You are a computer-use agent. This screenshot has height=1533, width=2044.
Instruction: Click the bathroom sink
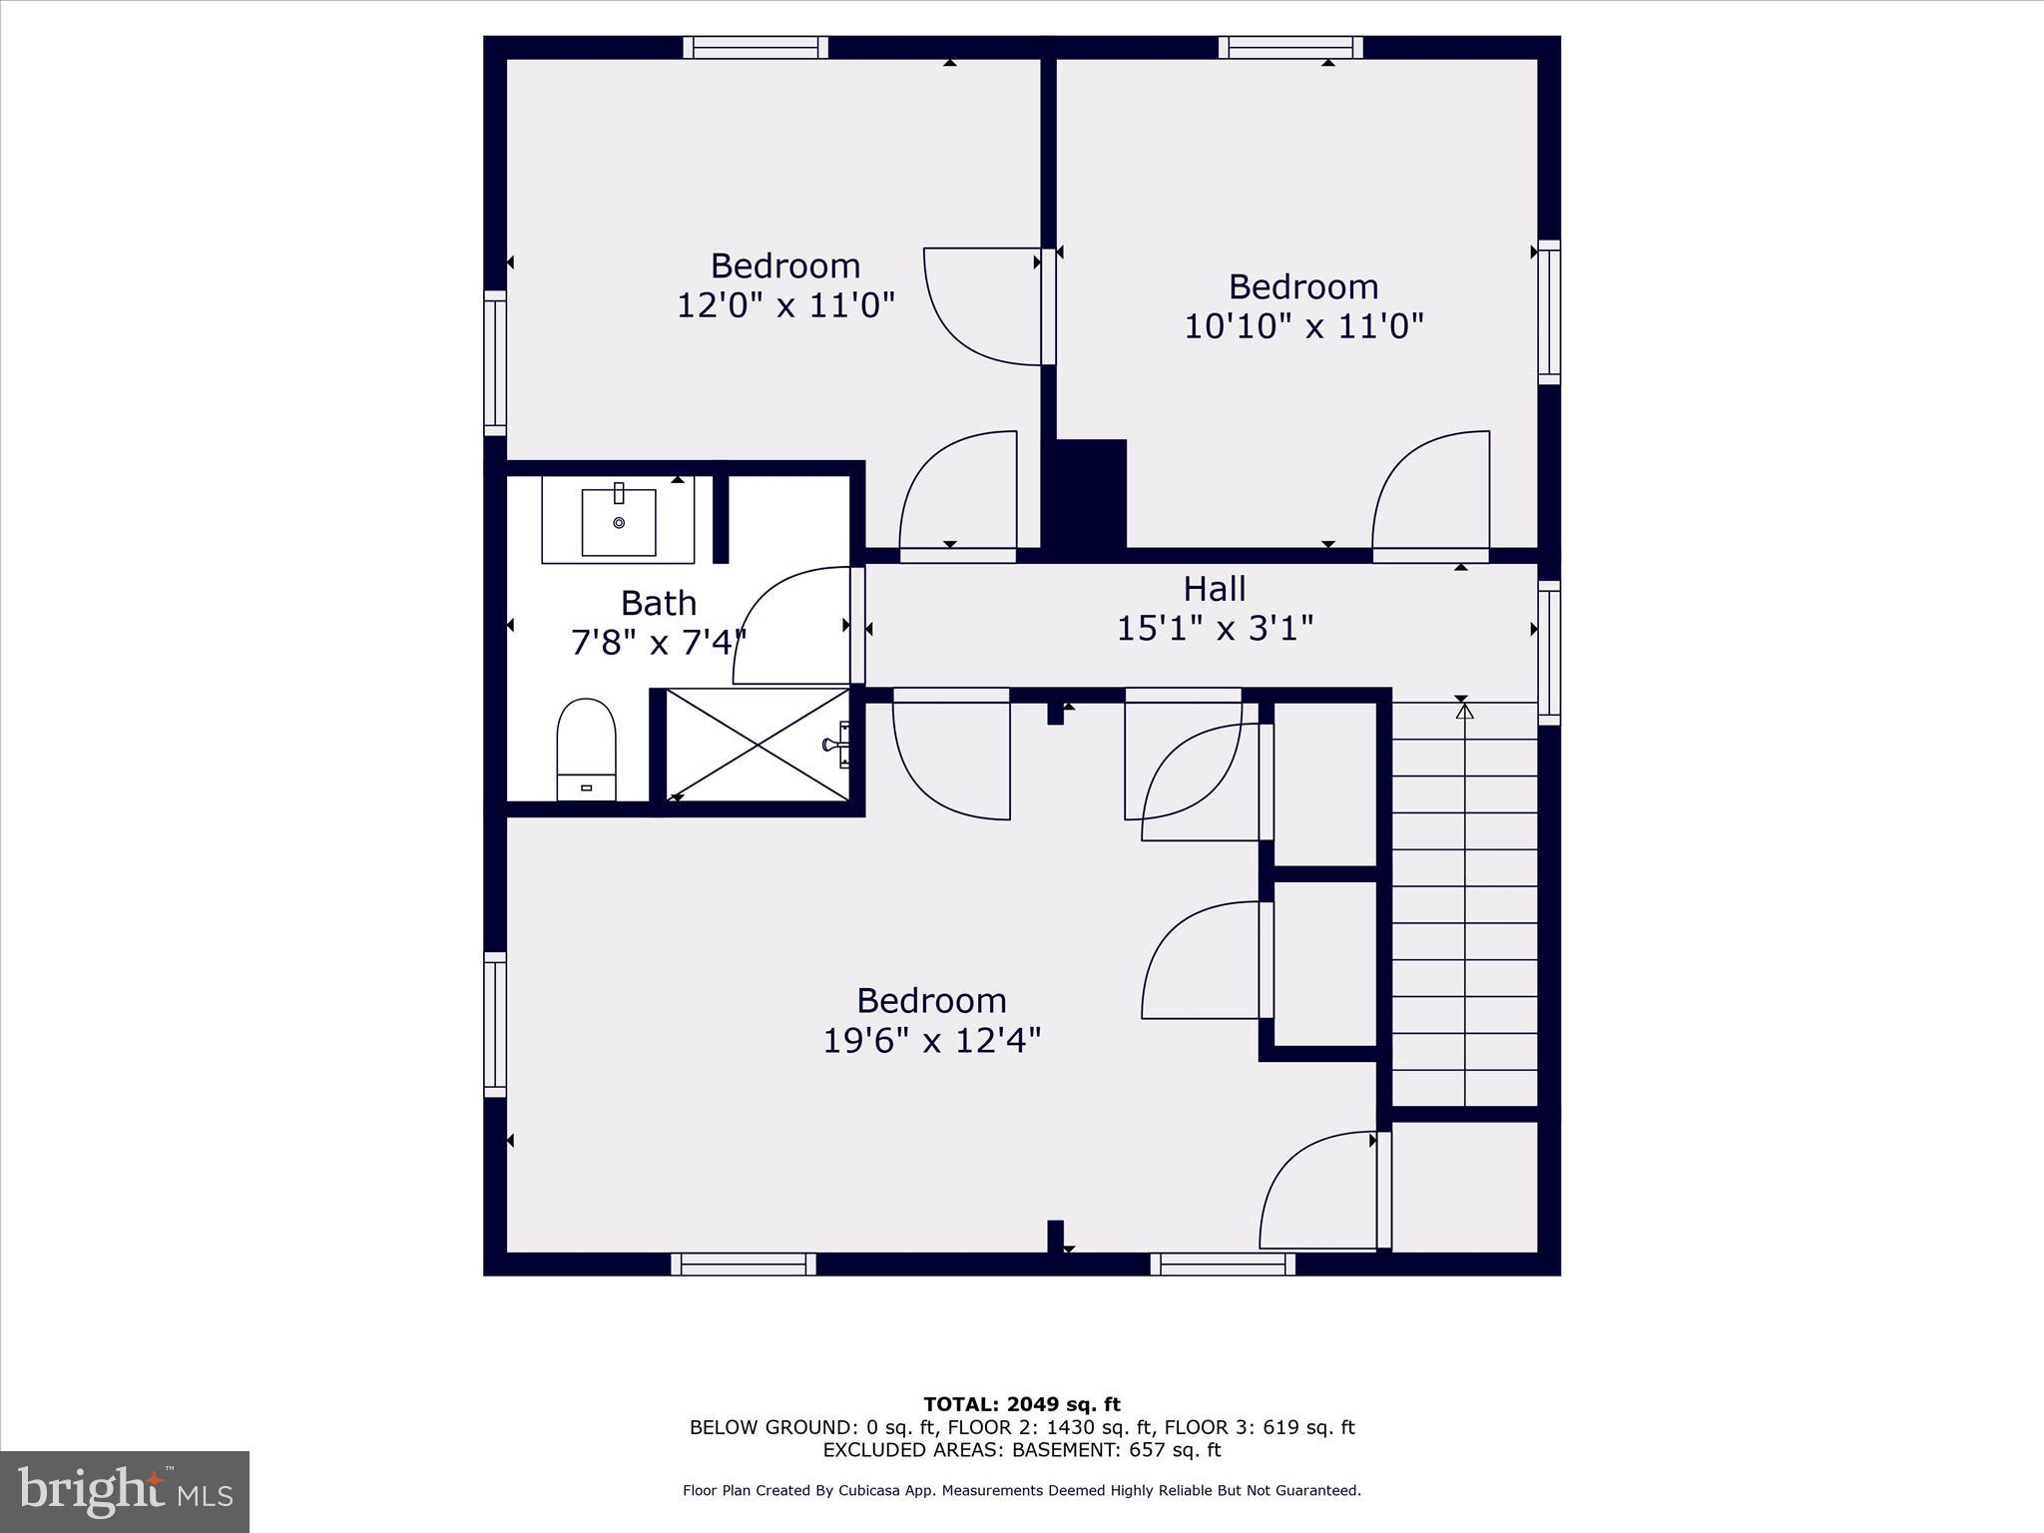tap(618, 522)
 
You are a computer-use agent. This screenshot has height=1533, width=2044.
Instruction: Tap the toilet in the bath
tap(586, 749)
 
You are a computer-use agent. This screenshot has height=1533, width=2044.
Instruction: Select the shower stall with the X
tap(757, 745)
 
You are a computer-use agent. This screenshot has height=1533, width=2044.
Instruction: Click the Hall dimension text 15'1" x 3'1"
tap(1214, 629)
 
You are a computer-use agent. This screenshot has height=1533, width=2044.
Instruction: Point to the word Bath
tap(658, 603)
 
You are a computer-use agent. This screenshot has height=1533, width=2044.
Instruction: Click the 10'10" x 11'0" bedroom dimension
tap(1302, 326)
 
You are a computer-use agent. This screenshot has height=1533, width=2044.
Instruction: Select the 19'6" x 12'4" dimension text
tap(931, 1041)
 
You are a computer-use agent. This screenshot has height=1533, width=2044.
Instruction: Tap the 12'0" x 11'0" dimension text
tap(785, 304)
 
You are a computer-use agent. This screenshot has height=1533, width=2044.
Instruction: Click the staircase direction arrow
tap(1464, 712)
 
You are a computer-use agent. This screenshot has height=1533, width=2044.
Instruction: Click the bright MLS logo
tap(125, 1491)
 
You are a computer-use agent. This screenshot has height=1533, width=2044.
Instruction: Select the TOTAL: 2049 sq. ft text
tap(1021, 1405)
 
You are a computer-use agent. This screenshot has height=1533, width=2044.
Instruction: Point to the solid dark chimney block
tap(1089, 493)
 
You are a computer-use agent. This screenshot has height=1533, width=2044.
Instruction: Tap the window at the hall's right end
tap(1548, 653)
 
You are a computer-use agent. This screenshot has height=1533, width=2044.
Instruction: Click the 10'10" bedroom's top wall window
tap(1289, 47)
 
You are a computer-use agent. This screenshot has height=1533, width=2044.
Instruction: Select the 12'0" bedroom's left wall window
tap(495, 363)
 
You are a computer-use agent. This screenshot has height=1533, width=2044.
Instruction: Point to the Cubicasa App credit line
tap(1021, 1490)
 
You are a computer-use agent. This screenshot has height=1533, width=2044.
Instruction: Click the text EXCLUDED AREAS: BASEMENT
tap(1021, 1450)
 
